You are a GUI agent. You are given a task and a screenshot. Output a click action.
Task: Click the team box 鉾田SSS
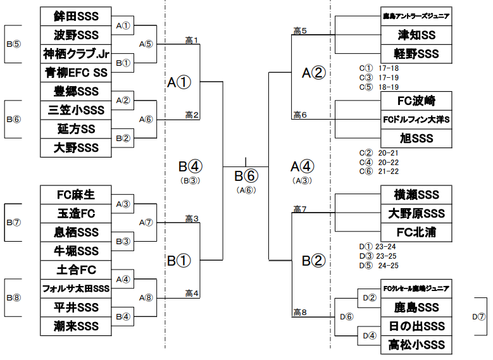(75, 16)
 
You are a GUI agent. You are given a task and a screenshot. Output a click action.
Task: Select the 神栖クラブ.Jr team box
(75, 53)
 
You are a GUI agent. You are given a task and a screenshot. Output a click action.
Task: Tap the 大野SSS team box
(75, 147)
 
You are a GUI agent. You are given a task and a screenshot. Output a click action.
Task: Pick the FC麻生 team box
(75, 194)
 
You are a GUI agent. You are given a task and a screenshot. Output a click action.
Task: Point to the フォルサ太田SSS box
(75, 289)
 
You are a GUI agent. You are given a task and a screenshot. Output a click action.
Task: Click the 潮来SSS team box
(75, 326)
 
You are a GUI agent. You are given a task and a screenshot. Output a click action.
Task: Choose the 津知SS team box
(416, 35)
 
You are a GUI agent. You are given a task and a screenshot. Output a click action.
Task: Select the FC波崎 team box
(416, 101)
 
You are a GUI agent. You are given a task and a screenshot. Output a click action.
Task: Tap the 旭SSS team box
(416, 138)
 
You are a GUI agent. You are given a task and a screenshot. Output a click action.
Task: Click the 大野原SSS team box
(416, 213)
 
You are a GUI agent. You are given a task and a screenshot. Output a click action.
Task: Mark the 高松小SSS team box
(416, 345)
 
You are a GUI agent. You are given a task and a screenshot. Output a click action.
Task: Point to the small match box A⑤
(146, 44)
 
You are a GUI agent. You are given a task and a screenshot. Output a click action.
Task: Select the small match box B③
(124, 241)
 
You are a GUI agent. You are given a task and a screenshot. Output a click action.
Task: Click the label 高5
(300, 30)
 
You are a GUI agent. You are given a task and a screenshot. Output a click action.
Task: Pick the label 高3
(192, 219)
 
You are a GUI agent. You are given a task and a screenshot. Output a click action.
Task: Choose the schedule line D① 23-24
(378, 247)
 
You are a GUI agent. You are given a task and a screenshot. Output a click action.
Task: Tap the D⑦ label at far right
(481, 316)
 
